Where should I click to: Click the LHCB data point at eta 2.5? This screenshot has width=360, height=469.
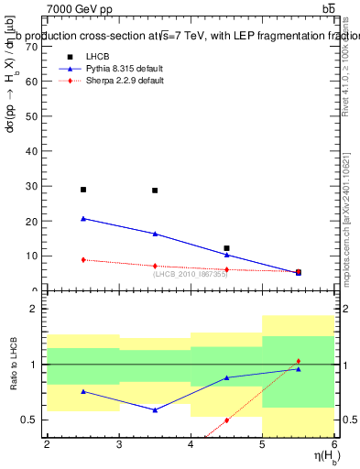(83, 190)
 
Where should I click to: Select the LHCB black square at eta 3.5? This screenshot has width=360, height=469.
(155, 191)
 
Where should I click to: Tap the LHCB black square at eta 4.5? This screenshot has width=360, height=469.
(226, 248)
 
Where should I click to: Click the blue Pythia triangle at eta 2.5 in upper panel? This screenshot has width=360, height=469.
(83, 219)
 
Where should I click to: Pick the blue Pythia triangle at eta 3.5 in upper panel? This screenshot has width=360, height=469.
(155, 234)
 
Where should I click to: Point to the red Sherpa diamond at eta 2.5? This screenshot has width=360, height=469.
(83, 260)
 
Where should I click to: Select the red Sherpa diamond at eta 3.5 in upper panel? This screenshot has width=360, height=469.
(155, 266)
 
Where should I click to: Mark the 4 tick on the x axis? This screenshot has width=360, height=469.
(191, 445)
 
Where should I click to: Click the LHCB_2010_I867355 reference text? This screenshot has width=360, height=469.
(190, 273)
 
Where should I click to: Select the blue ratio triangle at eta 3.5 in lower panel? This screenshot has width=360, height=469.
(155, 409)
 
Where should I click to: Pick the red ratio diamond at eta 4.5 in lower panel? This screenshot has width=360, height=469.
(226, 420)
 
